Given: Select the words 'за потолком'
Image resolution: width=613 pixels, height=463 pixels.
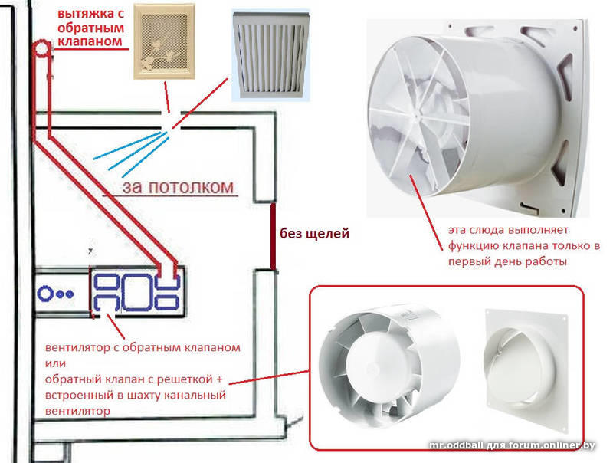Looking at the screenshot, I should click(179, 187).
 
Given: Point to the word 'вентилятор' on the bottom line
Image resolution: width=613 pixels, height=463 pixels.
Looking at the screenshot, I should click(77, 411).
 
